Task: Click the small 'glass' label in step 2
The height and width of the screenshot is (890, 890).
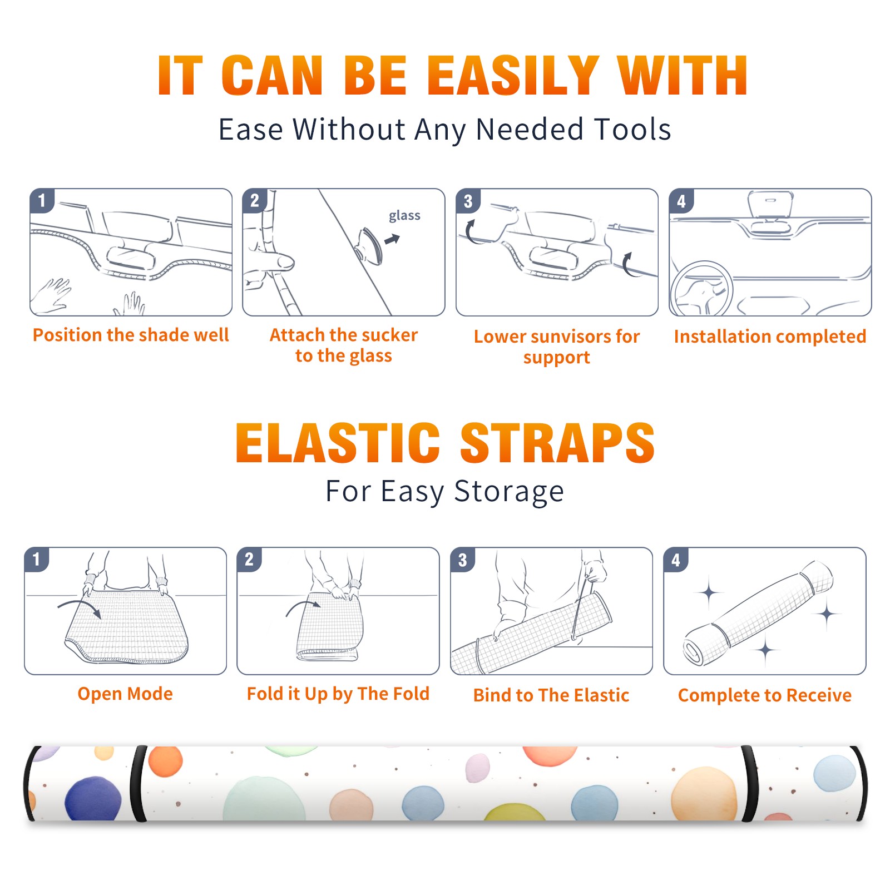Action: (404, 216)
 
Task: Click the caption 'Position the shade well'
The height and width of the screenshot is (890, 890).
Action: (131, 335)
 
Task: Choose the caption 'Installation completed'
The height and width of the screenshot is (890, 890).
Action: (770, 337)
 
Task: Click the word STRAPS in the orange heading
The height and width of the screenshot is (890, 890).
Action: (557, 443)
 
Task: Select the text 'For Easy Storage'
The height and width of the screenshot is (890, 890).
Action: (445, 491)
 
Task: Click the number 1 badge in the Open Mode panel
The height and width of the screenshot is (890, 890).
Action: (37, 559)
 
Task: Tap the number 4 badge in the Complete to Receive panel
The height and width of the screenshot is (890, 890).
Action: (676, 560)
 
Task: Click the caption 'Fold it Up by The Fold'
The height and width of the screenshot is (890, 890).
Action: (338, 694)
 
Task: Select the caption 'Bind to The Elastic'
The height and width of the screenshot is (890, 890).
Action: (551, 695)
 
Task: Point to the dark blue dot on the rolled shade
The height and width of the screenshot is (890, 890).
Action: (93, 799)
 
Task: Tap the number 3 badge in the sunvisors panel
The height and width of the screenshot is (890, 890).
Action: (468, 201)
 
